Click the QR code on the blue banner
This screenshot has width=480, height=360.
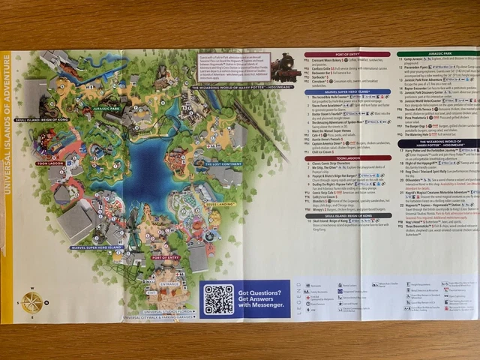click(220, 298)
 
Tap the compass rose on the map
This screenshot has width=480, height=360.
click(32, 301)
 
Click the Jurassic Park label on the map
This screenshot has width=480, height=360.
click(107, 109)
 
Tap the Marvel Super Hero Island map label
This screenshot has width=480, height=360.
click(97, 247)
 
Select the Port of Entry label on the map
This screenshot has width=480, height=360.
click(166, 257)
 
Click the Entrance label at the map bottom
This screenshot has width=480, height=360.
click(169, 284)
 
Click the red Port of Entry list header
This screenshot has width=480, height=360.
click(348, 55)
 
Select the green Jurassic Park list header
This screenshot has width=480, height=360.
click(437, 55)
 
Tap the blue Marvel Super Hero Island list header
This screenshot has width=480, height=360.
click(348, 91)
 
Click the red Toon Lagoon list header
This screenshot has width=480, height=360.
click(348, 158)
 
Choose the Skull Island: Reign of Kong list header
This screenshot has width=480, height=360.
click(348, 215)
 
